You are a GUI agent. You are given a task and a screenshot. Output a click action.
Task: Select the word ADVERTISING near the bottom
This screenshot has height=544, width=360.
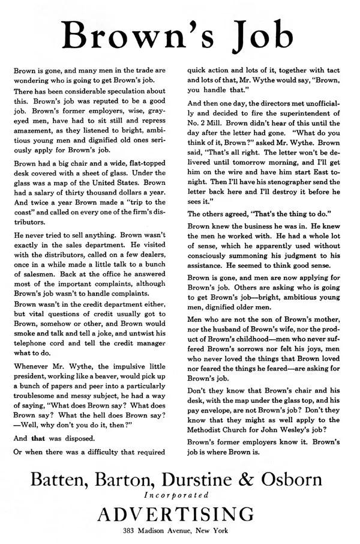(180, 515)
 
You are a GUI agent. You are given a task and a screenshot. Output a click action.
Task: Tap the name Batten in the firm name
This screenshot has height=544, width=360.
(62, 479)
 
